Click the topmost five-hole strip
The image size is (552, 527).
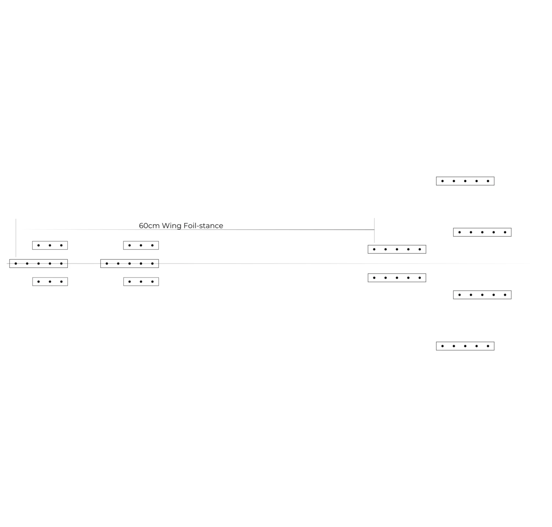pyautogui.click(x=465, y=181)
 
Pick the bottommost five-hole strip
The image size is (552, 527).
pyautogui.click(x=465, y=346)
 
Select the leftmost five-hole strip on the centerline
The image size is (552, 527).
pyautogui.click(x=39, y=263)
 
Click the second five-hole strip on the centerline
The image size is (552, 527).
pyautogui.click(x=130, y=263)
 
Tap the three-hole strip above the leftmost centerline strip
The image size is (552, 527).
pyautogui.click(x=50, y=245)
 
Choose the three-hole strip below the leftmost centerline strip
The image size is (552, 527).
pyautogui.click(x=50, y=282)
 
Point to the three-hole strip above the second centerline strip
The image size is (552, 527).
pyautogui.click(x=141, y=245)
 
